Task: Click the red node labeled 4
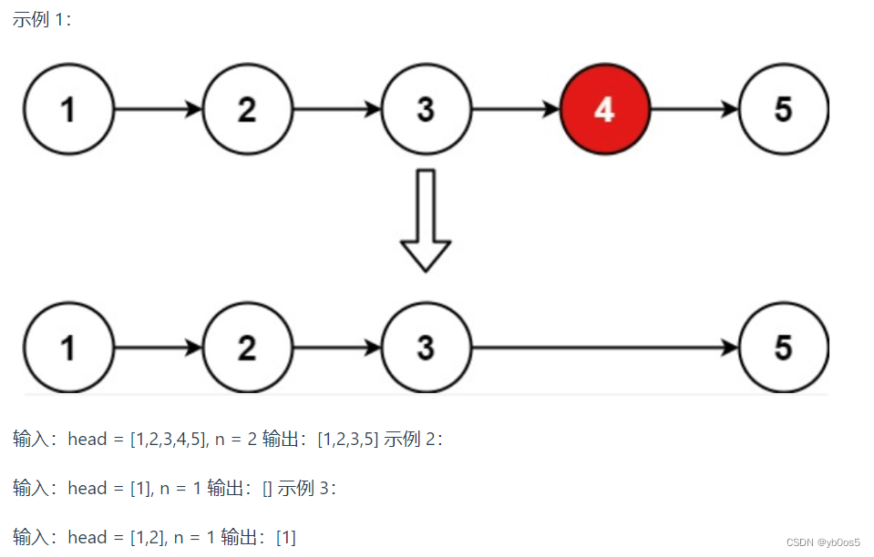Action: point(604,110)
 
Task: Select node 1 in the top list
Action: point(68,110)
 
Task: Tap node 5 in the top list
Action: point(783,110)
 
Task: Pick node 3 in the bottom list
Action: point(426,348)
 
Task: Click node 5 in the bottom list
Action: point(783,348)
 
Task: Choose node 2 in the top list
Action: point(247,110)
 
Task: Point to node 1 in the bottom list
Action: point(68,348)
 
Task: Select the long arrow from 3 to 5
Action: point(605,348)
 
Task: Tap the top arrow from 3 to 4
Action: point(515,110)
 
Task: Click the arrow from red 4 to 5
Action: point(694,110)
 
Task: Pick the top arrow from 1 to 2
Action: point(158,110)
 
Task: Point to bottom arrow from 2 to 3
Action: point(336,348)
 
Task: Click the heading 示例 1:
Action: point(41,19)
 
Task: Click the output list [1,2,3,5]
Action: point(347,440)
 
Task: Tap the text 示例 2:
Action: point(414,440)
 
